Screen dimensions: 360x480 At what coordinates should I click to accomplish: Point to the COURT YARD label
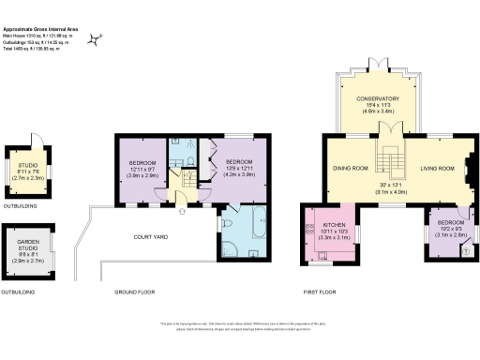click(150, 236)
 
